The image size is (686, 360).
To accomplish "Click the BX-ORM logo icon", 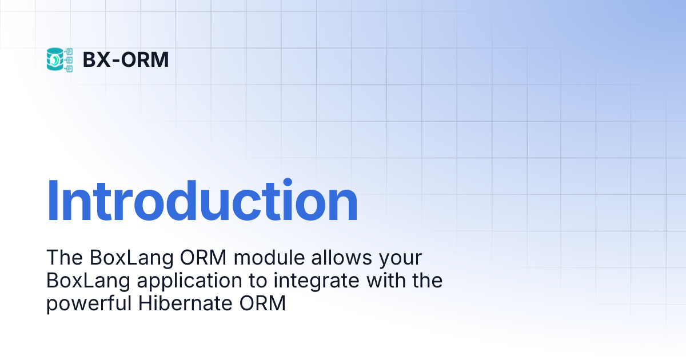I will point(59,59).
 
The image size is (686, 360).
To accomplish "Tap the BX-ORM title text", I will point(126,59).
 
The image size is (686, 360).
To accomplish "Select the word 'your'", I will point(401,261).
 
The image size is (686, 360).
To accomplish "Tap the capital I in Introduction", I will point(53,201).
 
